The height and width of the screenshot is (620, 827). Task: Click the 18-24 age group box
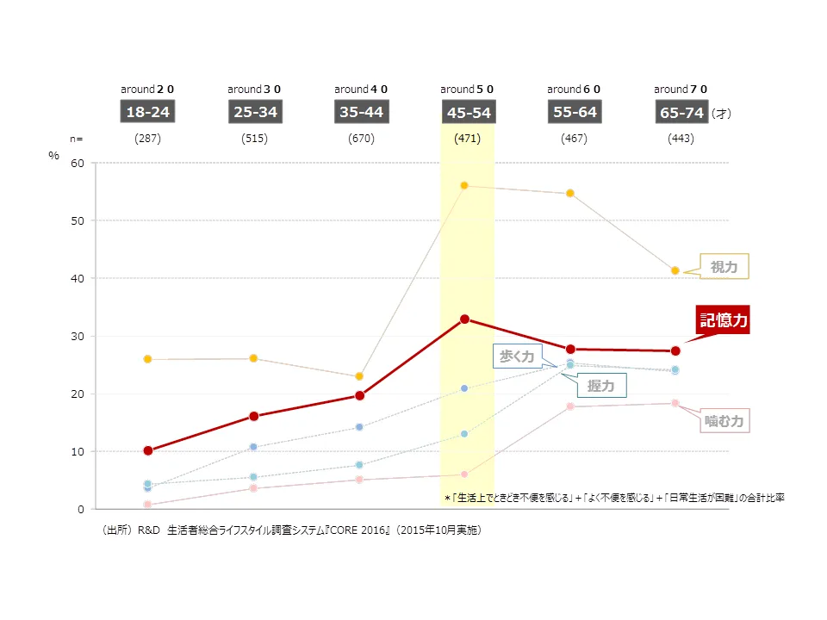(x=148, y=112)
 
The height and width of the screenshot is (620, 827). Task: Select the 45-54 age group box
(x=468, y=113)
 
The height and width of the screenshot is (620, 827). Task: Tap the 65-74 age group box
(x=681, y=113)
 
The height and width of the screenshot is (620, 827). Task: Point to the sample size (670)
(x=361, y=139)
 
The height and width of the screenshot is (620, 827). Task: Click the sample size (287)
(x=148, y=139)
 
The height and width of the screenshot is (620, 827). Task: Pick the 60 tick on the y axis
(x=78, y=163)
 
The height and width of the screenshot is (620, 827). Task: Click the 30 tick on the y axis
(x=78, y=336)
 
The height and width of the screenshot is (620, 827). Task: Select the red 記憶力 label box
(x=723, y=320)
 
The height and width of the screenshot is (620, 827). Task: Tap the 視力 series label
(x=724, y=267)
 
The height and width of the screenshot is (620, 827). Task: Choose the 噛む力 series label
(x=724, y=421)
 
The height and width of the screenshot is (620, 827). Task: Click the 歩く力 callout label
(x=517, y=356)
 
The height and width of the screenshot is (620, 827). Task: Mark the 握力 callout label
(x=600, y=386)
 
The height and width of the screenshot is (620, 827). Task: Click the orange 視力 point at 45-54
(x=464, y=186)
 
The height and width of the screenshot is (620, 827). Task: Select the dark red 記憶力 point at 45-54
(x=464, y=319)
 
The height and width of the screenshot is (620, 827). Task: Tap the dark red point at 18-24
(x=148, y=450)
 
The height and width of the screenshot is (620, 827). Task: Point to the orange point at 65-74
(x=675, y=270)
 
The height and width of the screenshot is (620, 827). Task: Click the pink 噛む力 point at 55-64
(x=569, y=406)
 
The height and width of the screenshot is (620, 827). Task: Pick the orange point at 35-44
(x=359, y=376)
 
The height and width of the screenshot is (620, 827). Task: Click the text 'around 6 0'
(x=574, y=90)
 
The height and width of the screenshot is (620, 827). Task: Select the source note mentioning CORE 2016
(x=292, y=530)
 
